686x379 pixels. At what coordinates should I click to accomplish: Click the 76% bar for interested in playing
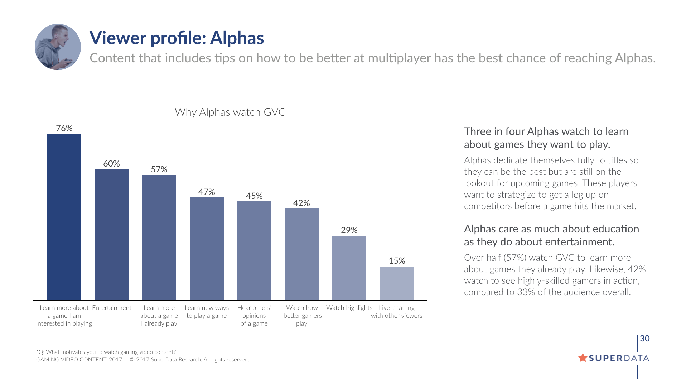64,217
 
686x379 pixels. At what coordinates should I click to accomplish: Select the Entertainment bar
111,235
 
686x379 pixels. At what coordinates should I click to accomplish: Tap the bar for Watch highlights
349,268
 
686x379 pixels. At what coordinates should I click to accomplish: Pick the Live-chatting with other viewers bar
397,283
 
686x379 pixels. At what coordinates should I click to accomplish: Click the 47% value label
207,192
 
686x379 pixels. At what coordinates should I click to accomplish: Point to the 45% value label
254,196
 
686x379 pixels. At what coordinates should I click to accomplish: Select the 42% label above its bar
301,203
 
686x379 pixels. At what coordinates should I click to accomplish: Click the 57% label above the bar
159,169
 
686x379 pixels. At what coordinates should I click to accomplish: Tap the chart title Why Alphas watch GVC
230,112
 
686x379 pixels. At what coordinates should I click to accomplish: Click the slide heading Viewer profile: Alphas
177,38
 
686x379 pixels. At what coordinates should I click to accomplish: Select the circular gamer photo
58,47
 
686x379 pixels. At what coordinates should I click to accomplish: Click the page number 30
644,339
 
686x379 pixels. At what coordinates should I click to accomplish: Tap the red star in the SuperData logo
583,358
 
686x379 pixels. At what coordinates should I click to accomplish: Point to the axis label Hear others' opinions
254,316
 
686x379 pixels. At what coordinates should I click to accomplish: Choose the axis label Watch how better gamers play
302,316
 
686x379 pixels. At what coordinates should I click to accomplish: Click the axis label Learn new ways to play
207,312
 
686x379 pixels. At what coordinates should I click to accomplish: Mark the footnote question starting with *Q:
106,352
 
